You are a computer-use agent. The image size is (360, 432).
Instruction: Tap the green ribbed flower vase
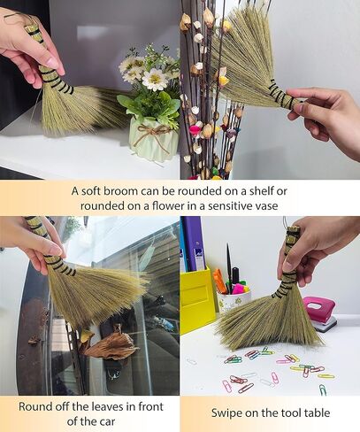tap(153, 143)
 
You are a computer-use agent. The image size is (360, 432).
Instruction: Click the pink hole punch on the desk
tap(319, 312)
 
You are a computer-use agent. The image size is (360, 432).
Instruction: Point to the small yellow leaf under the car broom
tap(87, 336)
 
